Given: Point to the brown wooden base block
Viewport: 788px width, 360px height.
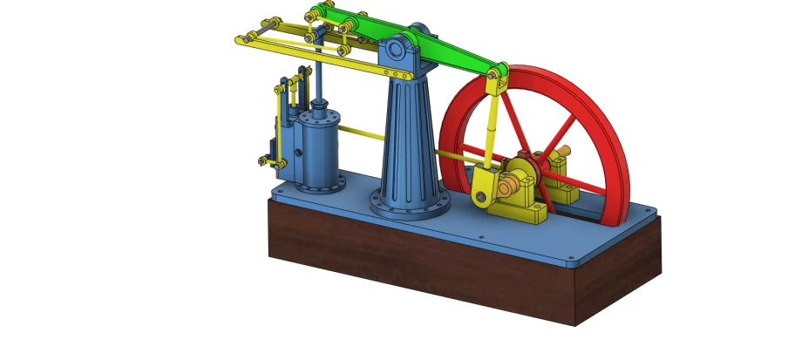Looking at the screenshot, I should pyautogui.click(x=436, y=262).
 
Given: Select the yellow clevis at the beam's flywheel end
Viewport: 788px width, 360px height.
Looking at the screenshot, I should pyautogui.click(x=498, y=79).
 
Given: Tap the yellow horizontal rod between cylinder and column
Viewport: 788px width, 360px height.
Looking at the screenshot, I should pyautogui.click(x=361, y=134).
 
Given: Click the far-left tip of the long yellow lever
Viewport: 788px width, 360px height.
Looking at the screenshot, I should pyautogui.click(x=240, y=37).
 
